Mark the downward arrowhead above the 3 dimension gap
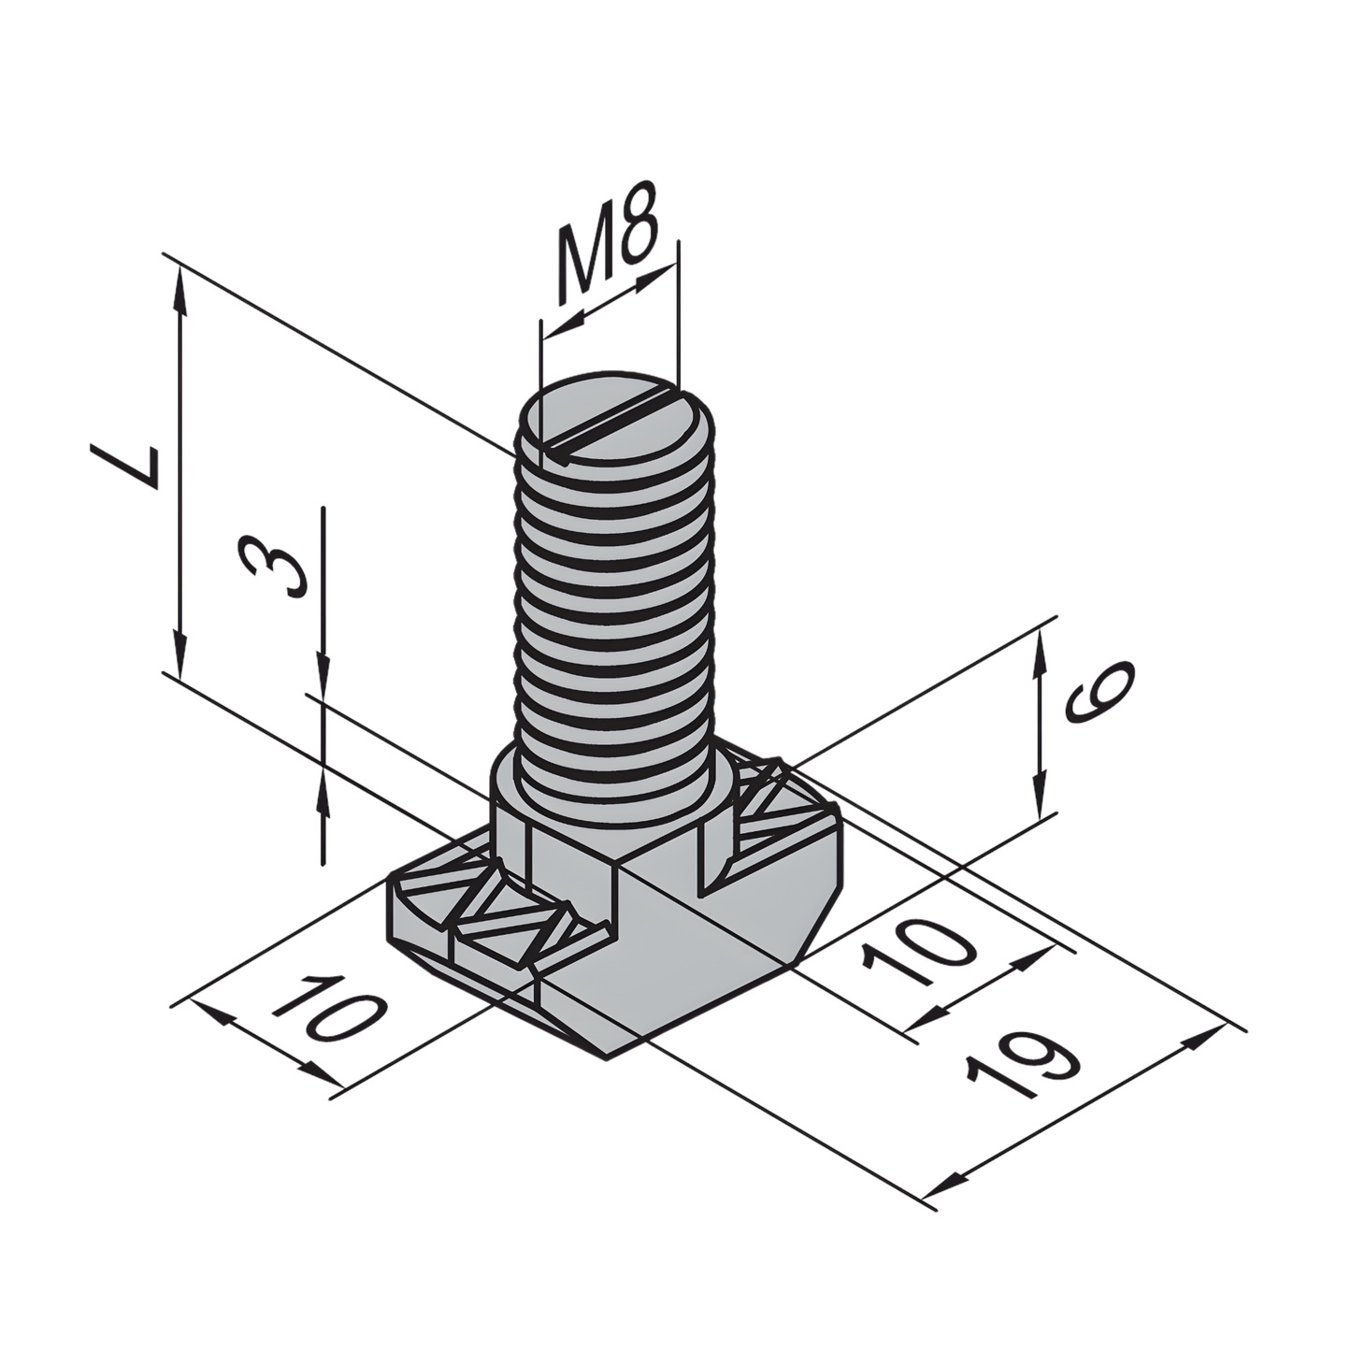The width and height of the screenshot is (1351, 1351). pyautogui.click(x=323, y=673)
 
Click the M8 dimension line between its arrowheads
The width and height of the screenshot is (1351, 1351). pyautogui.click(x=608, y=297)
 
